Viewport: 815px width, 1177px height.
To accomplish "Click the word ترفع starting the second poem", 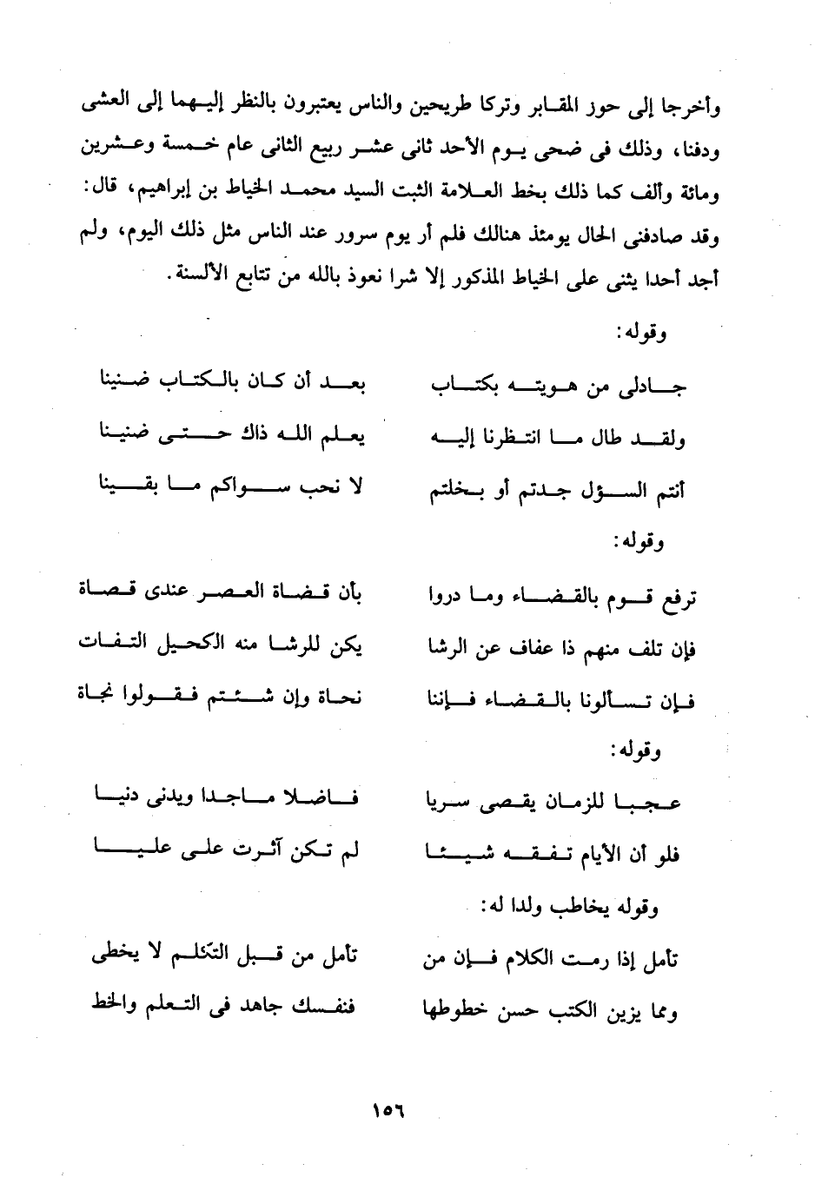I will pos(679,598).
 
